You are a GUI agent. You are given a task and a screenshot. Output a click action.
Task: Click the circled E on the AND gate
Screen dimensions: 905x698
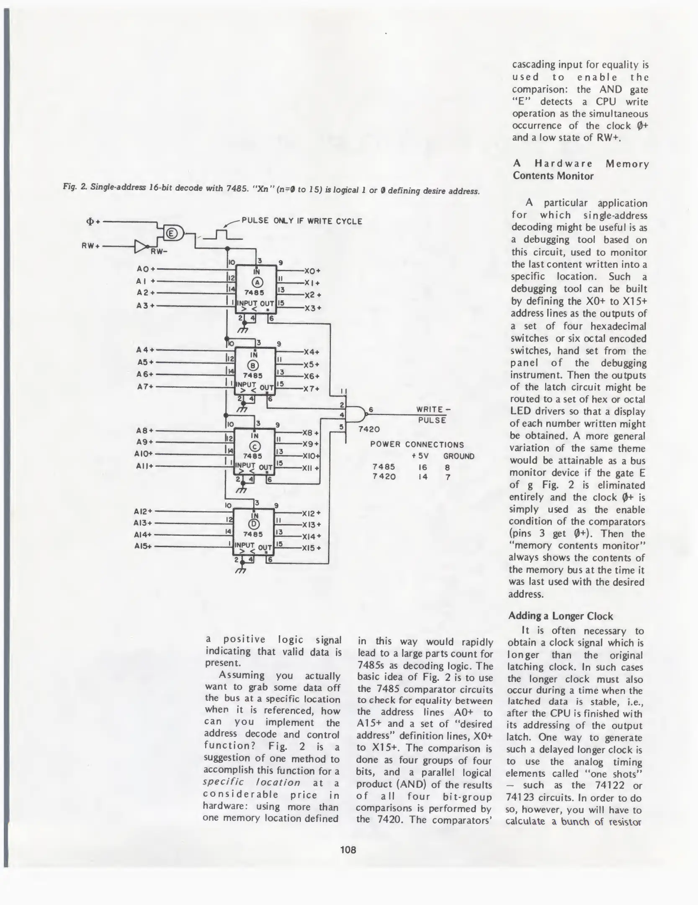click(171, 233)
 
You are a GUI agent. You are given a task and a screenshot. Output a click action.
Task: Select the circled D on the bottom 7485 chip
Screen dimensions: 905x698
click(254, 524)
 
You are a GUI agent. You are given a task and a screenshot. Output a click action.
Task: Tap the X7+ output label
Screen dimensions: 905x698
click(312, 388)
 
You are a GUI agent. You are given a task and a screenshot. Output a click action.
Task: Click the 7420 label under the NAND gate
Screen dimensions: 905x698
click(369, 429)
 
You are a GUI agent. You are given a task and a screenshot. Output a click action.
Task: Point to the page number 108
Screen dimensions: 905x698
click(348, 850)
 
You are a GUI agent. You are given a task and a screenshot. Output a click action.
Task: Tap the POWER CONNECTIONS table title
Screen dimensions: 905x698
click(417, 445)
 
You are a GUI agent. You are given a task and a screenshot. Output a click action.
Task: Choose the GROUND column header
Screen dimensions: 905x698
click(458, 456)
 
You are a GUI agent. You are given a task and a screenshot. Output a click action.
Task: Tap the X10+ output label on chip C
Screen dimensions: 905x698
click(311, 456)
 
